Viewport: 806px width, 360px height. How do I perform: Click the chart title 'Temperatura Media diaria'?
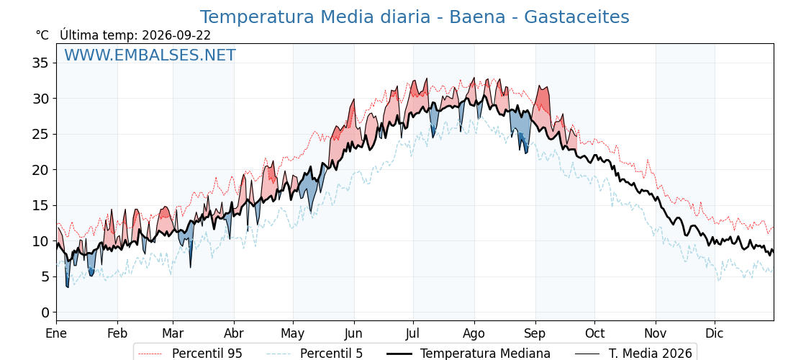click(314, 17)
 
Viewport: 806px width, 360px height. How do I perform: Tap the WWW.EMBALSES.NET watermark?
click(150, 55)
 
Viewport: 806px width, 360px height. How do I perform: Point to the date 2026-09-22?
click(176, 35)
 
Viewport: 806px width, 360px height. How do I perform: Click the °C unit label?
click(42, 35)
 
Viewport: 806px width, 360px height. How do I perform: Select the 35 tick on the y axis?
click(41, 63)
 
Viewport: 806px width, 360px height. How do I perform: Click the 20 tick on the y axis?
click(41, 170)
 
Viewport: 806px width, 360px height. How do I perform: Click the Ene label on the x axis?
click(56, 333)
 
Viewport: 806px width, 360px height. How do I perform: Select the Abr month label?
click(234, 333)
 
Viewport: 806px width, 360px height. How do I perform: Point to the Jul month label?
click(413, 333)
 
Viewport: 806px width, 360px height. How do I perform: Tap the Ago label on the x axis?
click(474, 333)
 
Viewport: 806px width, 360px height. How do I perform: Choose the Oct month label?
click(594, 333)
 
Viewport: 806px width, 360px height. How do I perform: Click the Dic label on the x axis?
click(715, 333)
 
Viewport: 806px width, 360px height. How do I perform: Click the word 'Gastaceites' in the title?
click(576, 17)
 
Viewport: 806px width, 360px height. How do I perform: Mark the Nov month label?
click(656, 333)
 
